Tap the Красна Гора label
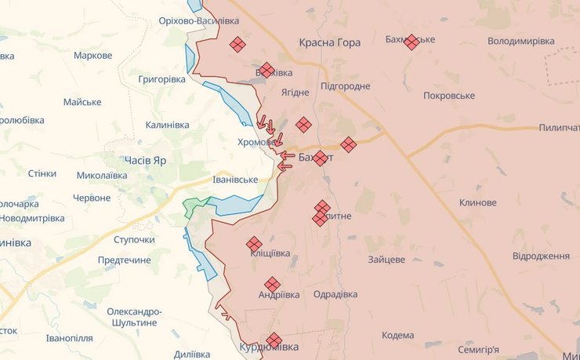tap(330, 42)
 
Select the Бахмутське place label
tap(410, 39)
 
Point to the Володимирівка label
tap(520, 41)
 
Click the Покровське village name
tap(448, 96)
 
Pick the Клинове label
tap(477, 202)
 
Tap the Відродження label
tap(541, 256)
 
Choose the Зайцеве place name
tap(386, 259)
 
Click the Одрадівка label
tap(335, 294)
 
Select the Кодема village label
tap(397, 335)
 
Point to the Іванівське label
tap(235, 180)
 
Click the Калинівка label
tap(167, 125)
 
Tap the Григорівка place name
tap(161, 80)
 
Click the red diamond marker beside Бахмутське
tap(411, 42)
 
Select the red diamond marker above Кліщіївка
tap(254, 244)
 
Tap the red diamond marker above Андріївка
tap(272, 284)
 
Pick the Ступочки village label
tap(134, 239)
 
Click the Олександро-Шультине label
tap(134, 317)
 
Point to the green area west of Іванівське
tap(194, 207)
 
